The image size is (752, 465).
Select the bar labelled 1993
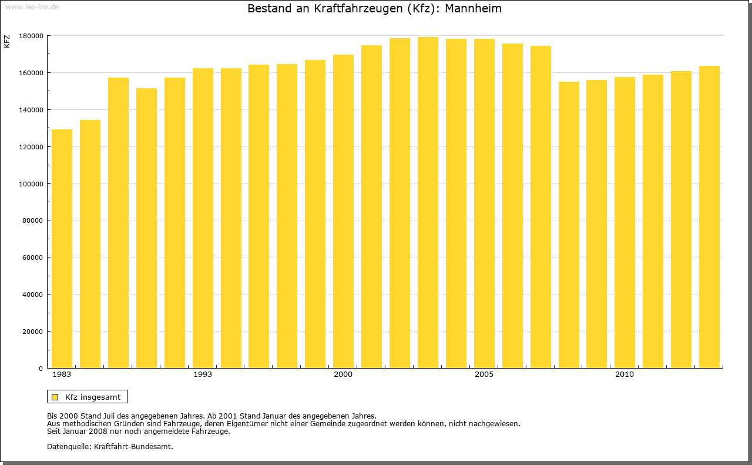(x=203, y=218)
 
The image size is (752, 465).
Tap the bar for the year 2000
(x=343, y=212)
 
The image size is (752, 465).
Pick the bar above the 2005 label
(x=484, y=203)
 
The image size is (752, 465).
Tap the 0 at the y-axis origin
(x=41, y=369)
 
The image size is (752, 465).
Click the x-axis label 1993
(x=203, y=374)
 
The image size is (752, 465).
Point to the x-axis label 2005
(x=484, y=374)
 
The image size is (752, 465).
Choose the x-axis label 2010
(x=625, y=374)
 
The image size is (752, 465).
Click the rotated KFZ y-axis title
(x=7, y=41)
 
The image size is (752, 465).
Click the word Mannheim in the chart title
(x=473, y=9)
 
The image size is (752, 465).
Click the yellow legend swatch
(x=55, y=397)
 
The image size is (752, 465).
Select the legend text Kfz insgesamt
(x=93, y=397)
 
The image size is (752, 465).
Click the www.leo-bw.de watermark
(x=31, y=6)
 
